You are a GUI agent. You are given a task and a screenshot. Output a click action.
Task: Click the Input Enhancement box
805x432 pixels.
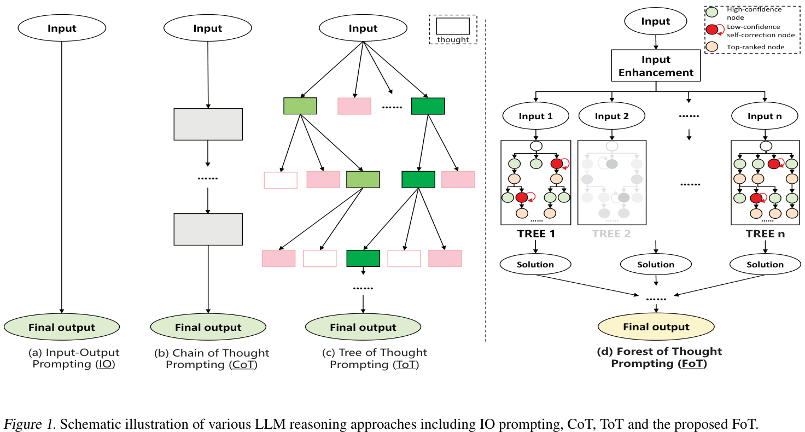coord(656,66)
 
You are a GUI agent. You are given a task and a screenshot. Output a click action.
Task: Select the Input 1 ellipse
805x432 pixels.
coord(535,116)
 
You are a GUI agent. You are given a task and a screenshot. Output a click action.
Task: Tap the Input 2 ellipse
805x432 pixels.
coord(612,116)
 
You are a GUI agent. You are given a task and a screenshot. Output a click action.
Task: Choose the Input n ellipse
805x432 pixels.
coord(765,116)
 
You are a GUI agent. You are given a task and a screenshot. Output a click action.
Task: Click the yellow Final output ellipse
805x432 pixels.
coord(656,327)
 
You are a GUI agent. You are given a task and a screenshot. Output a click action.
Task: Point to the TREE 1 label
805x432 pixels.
coord(536,234)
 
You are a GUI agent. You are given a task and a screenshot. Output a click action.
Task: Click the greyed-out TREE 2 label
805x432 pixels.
coord(611,234)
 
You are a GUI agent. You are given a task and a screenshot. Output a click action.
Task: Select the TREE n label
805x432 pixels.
coord(765,234)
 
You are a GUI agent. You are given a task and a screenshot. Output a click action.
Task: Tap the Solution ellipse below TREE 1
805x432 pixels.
coord(535,265)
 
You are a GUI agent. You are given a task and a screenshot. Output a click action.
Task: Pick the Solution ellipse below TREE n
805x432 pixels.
coord(765,265)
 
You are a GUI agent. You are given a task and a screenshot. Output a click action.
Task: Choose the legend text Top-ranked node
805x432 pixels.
coord(755,47)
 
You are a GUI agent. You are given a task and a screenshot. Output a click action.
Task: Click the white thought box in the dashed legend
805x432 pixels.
coord(452,26)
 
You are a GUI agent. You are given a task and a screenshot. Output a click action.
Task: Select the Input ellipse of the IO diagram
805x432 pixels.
coord(62,28)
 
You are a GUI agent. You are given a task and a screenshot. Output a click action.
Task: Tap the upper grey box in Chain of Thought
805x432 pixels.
coord(208,124)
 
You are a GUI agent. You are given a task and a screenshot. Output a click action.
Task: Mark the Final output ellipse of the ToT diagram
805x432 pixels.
coord(363,328)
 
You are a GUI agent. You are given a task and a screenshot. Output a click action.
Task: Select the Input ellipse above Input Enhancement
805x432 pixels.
coord(656,21)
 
